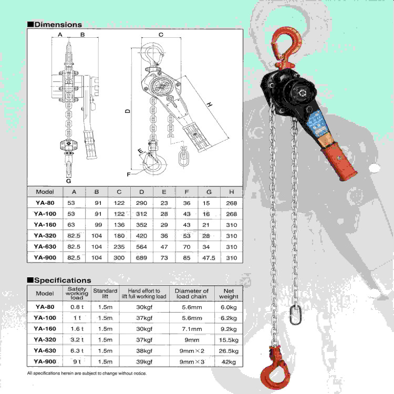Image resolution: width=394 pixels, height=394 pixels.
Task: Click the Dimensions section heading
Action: (x=58, y=24)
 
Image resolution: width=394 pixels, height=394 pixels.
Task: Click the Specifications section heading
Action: (x=63, y=280)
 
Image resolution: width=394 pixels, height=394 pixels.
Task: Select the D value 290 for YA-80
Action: (x=141, y=203)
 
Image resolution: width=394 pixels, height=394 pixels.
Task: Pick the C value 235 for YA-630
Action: (x=119, y=247)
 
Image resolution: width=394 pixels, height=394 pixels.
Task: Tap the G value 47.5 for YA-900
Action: (x=209, y=258)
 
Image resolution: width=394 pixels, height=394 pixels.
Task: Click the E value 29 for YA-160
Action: (x=164, y=225)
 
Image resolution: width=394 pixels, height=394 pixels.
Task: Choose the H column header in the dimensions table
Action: (x=232, y=192)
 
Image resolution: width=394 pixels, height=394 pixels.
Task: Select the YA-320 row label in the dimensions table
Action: (x=45, y=236)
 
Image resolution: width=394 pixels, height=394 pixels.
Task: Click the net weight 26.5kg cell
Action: (x=229, y=351)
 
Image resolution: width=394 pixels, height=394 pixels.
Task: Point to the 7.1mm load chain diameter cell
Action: (x=192, y=329)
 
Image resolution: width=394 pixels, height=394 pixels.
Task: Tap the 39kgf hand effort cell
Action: (x=144, y=362)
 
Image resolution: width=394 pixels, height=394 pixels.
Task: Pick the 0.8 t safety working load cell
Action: (x=77, y=307)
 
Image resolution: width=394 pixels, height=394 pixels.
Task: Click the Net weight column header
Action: (x=229, y=294)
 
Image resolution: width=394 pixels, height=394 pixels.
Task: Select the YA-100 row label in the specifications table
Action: (x=45, y=318)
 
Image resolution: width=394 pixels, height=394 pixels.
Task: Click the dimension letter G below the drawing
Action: (x=69, y=181)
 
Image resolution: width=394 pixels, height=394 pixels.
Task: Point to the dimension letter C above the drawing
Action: (x=161, y=35)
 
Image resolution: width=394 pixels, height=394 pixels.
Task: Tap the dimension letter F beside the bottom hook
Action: (x=129, y=174)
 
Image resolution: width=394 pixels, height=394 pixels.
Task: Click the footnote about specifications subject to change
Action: (x=87, y=374)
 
